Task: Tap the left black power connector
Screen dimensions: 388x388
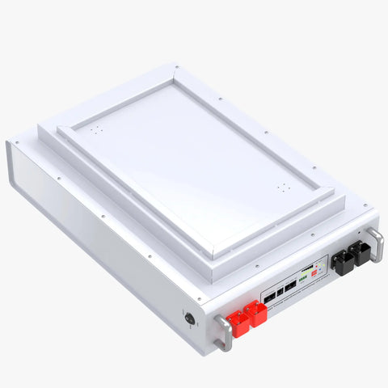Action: coord(343,263)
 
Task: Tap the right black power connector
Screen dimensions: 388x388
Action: coord(358,254)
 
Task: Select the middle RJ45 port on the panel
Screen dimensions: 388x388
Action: coord(280,289)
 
